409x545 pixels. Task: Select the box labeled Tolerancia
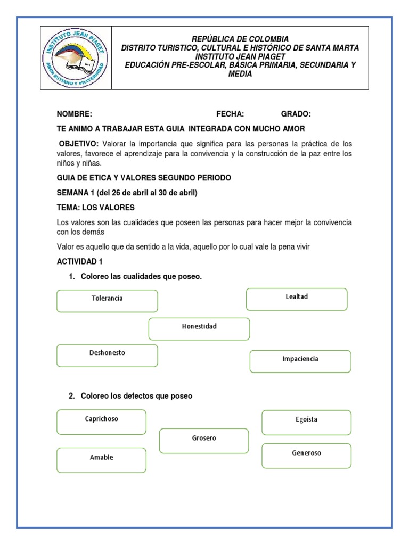107,301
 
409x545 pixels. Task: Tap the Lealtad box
297,299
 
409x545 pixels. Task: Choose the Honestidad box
199,328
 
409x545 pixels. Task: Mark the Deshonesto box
107,355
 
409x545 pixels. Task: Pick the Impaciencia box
300,361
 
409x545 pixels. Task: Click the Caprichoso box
101,422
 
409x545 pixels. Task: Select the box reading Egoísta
306,422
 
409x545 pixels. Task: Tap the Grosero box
204,441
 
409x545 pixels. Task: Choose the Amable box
101,460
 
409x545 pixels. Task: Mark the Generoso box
306,456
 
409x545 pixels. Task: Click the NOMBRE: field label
75,114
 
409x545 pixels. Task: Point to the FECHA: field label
230,114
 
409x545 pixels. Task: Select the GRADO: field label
296,114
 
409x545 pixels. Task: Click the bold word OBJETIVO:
79,144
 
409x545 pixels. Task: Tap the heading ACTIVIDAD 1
79,261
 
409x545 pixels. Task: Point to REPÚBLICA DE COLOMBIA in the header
240,39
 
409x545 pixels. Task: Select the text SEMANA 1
75,193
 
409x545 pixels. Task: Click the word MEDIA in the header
240,74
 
